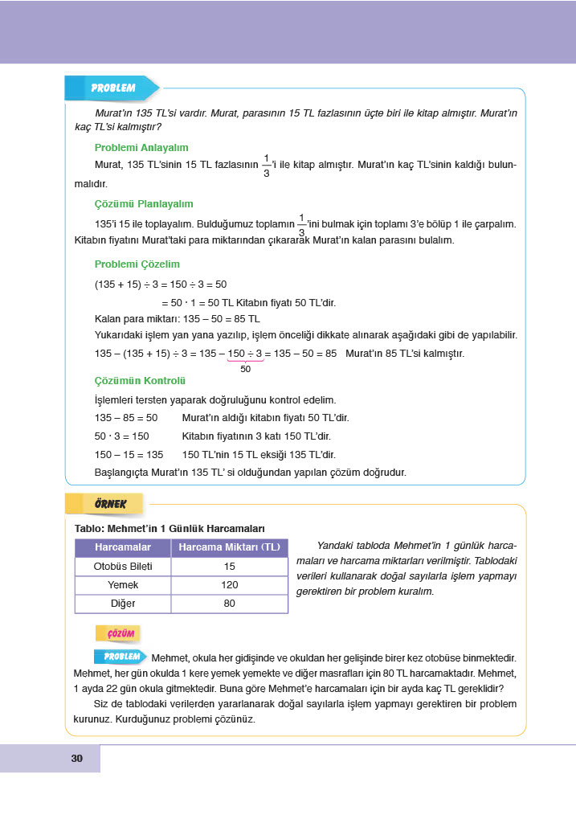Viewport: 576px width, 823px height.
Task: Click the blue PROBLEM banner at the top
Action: coord(112,88)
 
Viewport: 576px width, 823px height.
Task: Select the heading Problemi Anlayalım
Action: coord(141,148)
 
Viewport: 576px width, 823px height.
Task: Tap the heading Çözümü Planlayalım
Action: coord(144,204)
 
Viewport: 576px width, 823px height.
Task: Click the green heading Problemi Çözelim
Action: coord(137,264)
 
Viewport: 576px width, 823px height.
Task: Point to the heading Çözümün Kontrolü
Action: coord(141,380)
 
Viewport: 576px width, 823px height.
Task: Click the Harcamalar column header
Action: coord(123,547)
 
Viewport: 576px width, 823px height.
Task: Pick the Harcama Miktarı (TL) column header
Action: coord(229,547)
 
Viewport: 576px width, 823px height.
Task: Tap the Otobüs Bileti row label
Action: coord(123,567)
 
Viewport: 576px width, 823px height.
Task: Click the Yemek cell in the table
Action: coord(123,585)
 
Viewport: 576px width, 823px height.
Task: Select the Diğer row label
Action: coord(123,604)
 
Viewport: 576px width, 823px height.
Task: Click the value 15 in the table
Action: coord(229,567)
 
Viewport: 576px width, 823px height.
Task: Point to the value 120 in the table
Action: coord(229,585)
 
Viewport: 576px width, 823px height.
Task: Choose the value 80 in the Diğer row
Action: coord(229,604)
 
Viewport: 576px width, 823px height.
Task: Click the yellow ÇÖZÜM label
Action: coord(118,633)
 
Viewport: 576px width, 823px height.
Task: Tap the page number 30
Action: coord(77,759)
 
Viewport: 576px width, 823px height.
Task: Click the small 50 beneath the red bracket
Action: coord(245,369)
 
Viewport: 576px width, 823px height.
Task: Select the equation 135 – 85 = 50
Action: coord(126,418)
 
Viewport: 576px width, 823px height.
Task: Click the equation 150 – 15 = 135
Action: coord(129,454)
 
